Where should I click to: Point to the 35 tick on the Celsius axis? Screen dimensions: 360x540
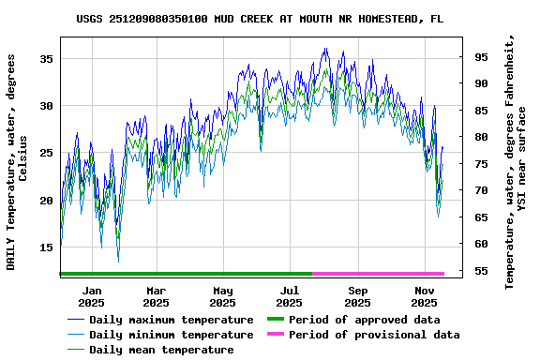pyautogui.click(x=47, y=58)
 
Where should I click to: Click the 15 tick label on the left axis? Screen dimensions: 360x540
pyautogui.click(x=47, y=247)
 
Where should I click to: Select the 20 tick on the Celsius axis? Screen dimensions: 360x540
pyautogui.click(x=47, y=201)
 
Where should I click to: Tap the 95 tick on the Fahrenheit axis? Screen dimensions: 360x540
pyautogui.click(x=481, y=56)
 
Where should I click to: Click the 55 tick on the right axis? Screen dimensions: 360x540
pyautogui.click(x=481, y=271)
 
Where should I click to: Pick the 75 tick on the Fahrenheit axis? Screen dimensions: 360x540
pyautogui.click(x=481, y=164)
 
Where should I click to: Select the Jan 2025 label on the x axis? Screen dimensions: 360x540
pyautogui.click(x=91, y=296)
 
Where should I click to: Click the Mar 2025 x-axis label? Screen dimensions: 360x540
pyautogui.click(x=157, y=296)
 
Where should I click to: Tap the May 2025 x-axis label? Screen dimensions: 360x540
pyautogui.click(x=222, y=296)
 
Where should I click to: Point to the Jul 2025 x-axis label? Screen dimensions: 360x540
pyautogui.click(x=290, y=296)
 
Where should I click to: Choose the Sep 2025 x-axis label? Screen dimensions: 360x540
pyautogui.click(x=357, y=296)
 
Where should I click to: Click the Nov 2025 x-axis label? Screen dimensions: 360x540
pyautogui.click(x=425, y=296)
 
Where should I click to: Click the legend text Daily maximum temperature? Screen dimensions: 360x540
pyautogui.click(x=171, y=320)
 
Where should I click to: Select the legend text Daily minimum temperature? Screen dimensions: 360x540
pyautogui.click(x=171, y=335)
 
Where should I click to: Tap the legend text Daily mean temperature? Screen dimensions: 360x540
pyautogui.click(x=161, y=350)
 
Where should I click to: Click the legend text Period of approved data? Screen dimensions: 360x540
pyautogui.click(x=364, y=320)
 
